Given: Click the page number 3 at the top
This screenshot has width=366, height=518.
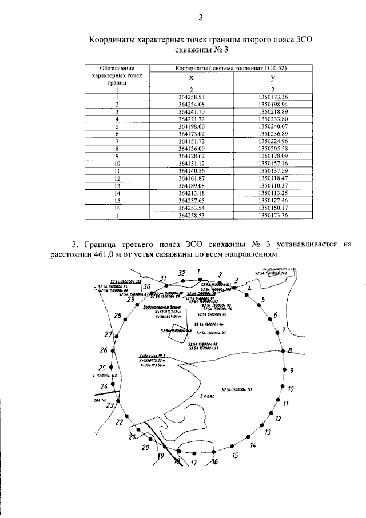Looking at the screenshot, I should pyautogui.click(x=201, y=17).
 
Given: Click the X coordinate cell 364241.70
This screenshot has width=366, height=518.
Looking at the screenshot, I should pyautogui.click(x=192, y=112).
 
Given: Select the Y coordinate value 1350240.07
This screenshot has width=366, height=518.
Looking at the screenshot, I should pyautogui.click(x=272, y=126).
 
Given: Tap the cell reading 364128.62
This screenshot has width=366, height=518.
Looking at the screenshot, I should pyautogui.click(x=192, y=156).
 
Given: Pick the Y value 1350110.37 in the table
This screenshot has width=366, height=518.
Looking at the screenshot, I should pyautogui.click(x=272, y=186).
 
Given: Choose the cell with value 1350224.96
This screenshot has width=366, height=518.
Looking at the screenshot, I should pyautogui.click(x=272, y=141).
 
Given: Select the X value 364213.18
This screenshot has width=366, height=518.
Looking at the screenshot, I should pyautogui.click(x=192, y=193).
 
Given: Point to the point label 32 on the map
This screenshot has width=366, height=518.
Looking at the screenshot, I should pyautogui.click(x=182, y=273).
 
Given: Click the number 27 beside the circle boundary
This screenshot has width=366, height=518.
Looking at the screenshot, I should pyautogui.click(x=108, y=335).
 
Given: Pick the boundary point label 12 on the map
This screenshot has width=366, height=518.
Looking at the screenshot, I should pyautogui.click(x=279, y=418).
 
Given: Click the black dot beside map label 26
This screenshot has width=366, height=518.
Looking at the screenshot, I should pyautogui.click(x=113, y=350).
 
